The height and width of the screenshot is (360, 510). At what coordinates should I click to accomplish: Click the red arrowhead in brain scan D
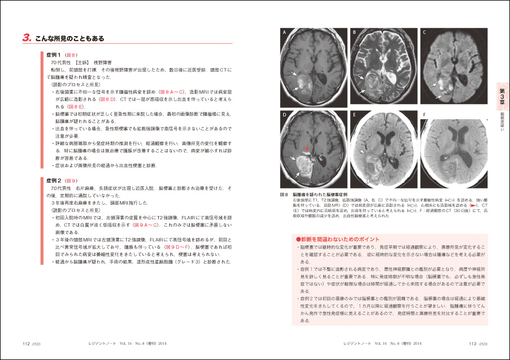coord(307,148)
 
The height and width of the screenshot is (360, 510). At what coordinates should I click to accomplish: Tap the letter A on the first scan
coord(285,32)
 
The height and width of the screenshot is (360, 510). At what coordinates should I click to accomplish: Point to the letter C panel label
coord(424,32)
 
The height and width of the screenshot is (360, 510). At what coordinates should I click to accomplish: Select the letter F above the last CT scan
coord(424,114)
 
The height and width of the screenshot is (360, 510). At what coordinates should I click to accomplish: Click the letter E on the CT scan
coord(354,114)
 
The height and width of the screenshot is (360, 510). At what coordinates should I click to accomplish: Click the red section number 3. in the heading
coord(26,38)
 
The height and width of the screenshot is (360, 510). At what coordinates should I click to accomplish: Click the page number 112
coord(26,343)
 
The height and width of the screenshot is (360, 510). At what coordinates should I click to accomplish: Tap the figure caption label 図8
coord(284,194)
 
